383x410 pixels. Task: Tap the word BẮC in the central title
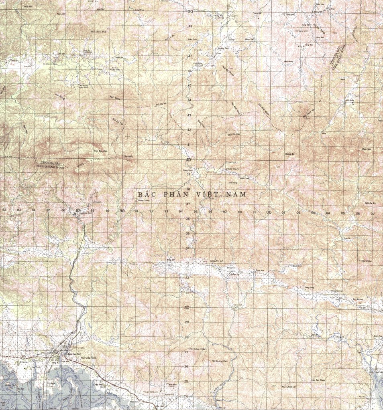(x=146, y=194)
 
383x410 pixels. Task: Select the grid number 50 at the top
(x=191, y=12)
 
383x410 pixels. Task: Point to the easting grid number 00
(x=269, y=212)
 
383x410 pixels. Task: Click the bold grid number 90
(x=122, y=210)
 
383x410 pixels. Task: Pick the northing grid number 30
(x=187, y=307)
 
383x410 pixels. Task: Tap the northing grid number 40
(x=188, y=160)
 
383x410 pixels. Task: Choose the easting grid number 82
(x=4, y=210)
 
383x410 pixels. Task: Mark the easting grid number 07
(x=373, y=214)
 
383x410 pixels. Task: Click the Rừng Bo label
(x=290, y=153)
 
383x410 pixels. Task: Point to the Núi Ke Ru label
(x=370, y=204)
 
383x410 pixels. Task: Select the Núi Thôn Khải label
(x=98, y=31)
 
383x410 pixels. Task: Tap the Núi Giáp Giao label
(x=89, y=358)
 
